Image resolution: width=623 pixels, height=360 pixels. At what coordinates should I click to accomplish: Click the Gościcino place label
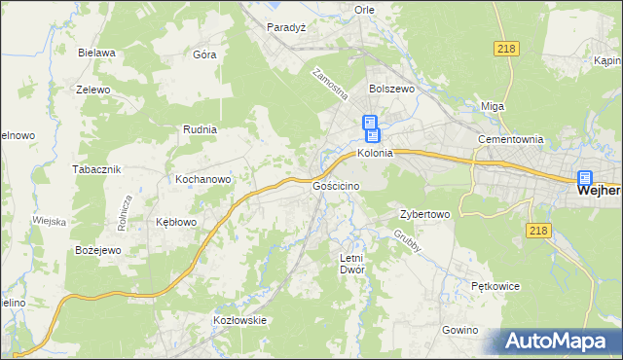(x=337, y=185)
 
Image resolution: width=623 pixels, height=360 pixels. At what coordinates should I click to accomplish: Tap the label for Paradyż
(x=287, y=27)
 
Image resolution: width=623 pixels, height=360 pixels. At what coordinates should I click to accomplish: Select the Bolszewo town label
(x=392, y=88)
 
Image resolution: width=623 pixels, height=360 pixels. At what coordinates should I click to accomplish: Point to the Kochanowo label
(x=202, y=180)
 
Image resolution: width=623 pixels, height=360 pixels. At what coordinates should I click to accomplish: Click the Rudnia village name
(x=200, y=128)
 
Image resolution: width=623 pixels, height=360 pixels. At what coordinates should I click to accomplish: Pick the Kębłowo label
(x=176, y=222)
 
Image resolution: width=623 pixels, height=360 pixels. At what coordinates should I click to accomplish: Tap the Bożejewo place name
(x=97, y=251)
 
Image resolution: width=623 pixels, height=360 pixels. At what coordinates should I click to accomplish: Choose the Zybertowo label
(x=424, y=214)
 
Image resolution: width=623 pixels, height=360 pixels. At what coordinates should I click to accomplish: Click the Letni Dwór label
(x=351, y=264)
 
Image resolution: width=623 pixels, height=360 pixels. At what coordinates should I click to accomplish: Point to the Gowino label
(x=459, y=330)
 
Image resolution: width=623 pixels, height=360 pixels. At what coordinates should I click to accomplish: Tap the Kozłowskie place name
(x=239, y=319)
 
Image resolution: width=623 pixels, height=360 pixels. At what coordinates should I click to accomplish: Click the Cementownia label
(x=509, y=139)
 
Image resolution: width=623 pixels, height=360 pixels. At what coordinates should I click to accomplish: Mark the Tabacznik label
(x=96, y=169)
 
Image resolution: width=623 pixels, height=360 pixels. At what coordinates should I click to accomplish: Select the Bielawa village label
(x=98, y=53)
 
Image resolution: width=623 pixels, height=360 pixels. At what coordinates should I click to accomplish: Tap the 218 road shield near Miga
(x=507, y=49)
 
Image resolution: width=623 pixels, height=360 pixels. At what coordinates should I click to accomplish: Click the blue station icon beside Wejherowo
(x=584, y=178)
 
